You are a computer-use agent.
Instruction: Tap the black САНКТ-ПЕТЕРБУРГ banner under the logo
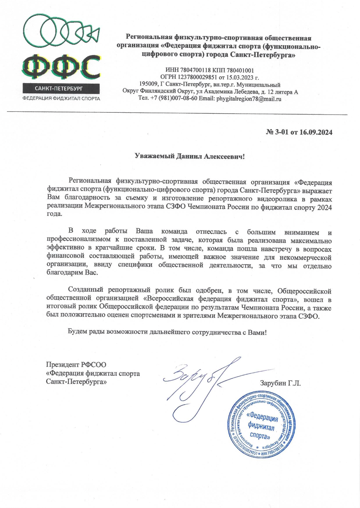point(62,88)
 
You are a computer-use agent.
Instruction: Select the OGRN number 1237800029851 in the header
point(197,78)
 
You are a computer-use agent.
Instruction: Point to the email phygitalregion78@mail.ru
point(249,99)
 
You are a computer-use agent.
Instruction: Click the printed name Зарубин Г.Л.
point(280,383)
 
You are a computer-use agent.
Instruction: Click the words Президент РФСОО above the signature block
point(76,365)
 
